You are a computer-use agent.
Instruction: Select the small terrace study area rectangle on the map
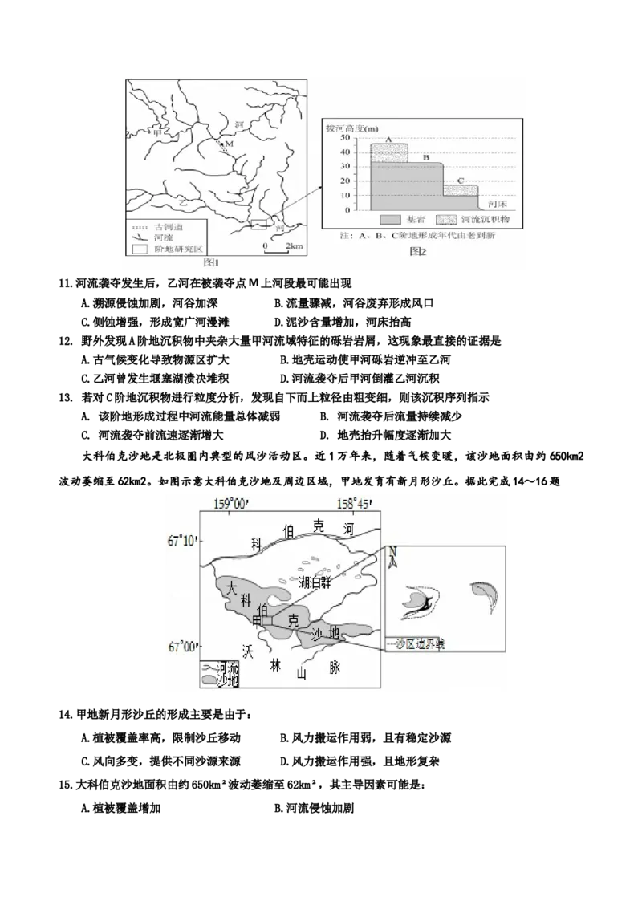point(258,224)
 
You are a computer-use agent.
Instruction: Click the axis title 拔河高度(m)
point(351,128)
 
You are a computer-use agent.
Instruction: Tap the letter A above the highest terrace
point(388,139)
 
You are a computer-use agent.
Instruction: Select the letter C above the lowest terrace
point(460,181)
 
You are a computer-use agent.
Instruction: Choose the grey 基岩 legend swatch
point(389,219)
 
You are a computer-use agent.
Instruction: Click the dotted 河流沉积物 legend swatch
point(447,219)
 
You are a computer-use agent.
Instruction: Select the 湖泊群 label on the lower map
point(314,582)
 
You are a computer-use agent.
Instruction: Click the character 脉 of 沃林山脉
point(334,668)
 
